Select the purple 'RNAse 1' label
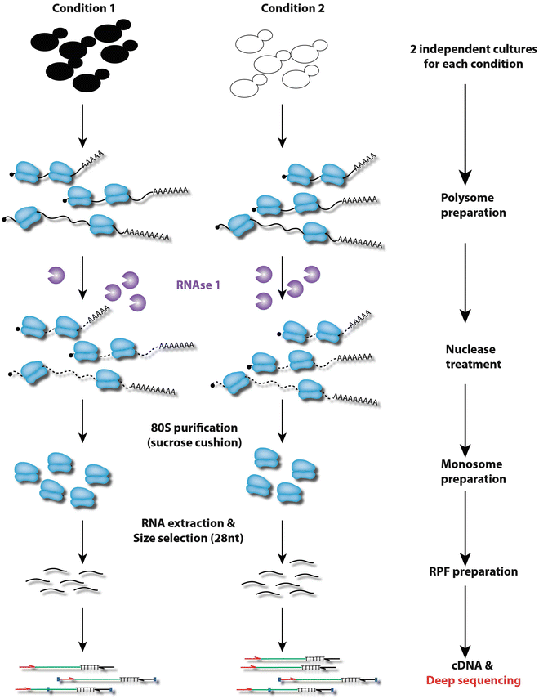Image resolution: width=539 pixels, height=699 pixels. point(199,286)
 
